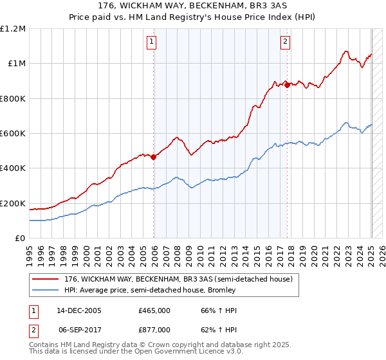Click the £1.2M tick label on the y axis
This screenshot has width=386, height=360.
coord(13,29)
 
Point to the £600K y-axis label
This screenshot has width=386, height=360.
coord(13,133)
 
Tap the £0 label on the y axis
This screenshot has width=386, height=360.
coord(21,238)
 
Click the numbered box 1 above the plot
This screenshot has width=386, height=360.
coord(152,42)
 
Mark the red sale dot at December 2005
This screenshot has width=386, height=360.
coord(154,157)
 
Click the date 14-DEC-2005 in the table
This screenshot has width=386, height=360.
coord(78,310)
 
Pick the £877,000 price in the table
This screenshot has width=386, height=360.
coord(154,329)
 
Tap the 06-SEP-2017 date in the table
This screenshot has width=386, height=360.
coord(78,329)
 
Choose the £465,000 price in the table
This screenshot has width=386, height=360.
coord(154,310)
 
